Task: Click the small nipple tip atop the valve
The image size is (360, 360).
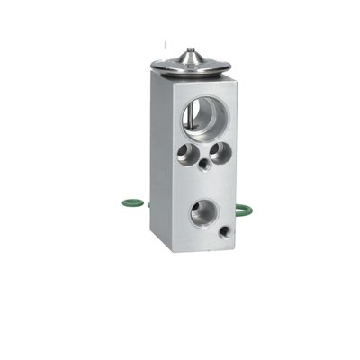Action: point(189,51)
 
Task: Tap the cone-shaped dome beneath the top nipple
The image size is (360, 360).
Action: point(189,59)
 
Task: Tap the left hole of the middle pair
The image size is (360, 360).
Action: point(187,154)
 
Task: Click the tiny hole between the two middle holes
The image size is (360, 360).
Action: point(205,165)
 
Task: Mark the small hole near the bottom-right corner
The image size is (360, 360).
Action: point(224,232)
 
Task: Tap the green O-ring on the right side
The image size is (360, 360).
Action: point(243,211)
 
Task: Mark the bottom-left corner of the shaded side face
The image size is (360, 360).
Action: point(151,236)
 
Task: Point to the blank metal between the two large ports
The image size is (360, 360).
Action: point(205,184)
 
